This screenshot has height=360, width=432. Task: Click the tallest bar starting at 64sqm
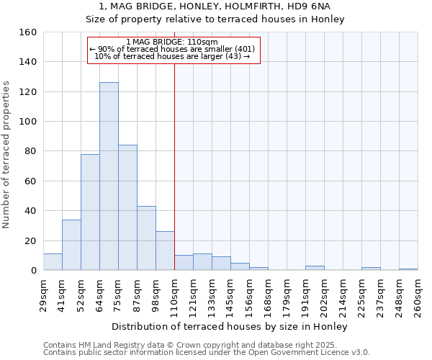pyautogui.click(x=109, y=176)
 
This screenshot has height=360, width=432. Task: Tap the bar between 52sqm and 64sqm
pyautogui.click(x=90, y=212)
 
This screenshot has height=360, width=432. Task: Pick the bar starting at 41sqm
pyautogui.click(x=71, y=245)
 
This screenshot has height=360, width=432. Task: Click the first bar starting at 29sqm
pyautogui.click(x=53, y=262)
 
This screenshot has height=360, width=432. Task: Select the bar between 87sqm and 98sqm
pyautogui.click(x=146, y=238)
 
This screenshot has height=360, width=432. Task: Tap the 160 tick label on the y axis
pyautogui.click(x=27, y=32)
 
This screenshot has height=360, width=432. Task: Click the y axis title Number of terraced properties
pyautogui.click(x=7, y=155)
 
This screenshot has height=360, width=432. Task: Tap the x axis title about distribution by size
pyautogui.click(x=230, y=327)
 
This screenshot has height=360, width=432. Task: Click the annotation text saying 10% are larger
pyautogui.click(x=172, y=56)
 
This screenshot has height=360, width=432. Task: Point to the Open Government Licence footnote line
pyautogui.click(x=207, y=352)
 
